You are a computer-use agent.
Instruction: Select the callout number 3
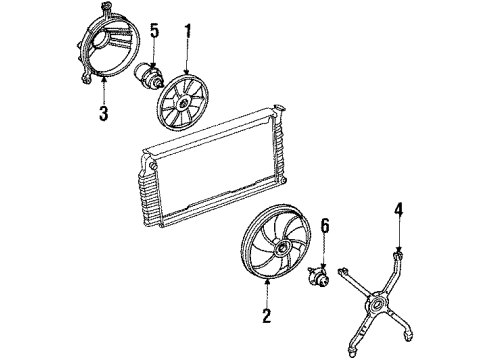pyautogui.click(x=103, y=115)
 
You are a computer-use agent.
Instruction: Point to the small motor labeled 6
pyautogui.click(x=320, y=274)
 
